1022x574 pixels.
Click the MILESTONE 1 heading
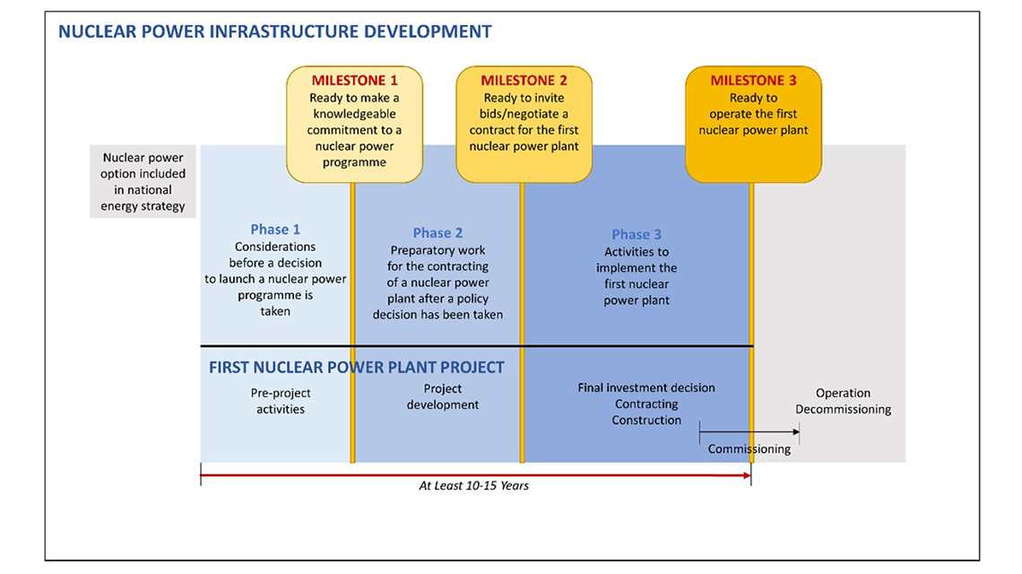click(354, 80)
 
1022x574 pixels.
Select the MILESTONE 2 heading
click(524, 80)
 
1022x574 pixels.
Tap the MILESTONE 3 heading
click(753, 80)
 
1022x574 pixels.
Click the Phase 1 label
click(275, 230)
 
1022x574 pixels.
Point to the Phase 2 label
click(437, 233)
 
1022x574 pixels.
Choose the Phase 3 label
click(637, 234)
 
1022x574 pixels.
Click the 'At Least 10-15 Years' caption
click(474, 485)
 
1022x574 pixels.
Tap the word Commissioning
click(749, 448)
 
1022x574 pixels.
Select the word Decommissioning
click(843, 409)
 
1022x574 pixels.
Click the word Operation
click(843, 393)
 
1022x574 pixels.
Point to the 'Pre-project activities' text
click(281, 401)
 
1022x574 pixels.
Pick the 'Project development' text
click(443, 396)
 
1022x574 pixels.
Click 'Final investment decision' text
click(645, 387)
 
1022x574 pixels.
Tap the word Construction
click(645, 420)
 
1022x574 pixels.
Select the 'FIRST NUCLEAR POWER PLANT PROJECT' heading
click(357, 367)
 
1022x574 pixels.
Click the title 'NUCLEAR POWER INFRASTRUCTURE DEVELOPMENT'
click(275, 31)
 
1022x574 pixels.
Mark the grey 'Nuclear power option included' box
click(143, 181)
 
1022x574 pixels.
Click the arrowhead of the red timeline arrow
click(747, 475)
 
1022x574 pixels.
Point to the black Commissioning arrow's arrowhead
click(796, 431)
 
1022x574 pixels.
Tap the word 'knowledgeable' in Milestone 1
click(354, 114)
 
